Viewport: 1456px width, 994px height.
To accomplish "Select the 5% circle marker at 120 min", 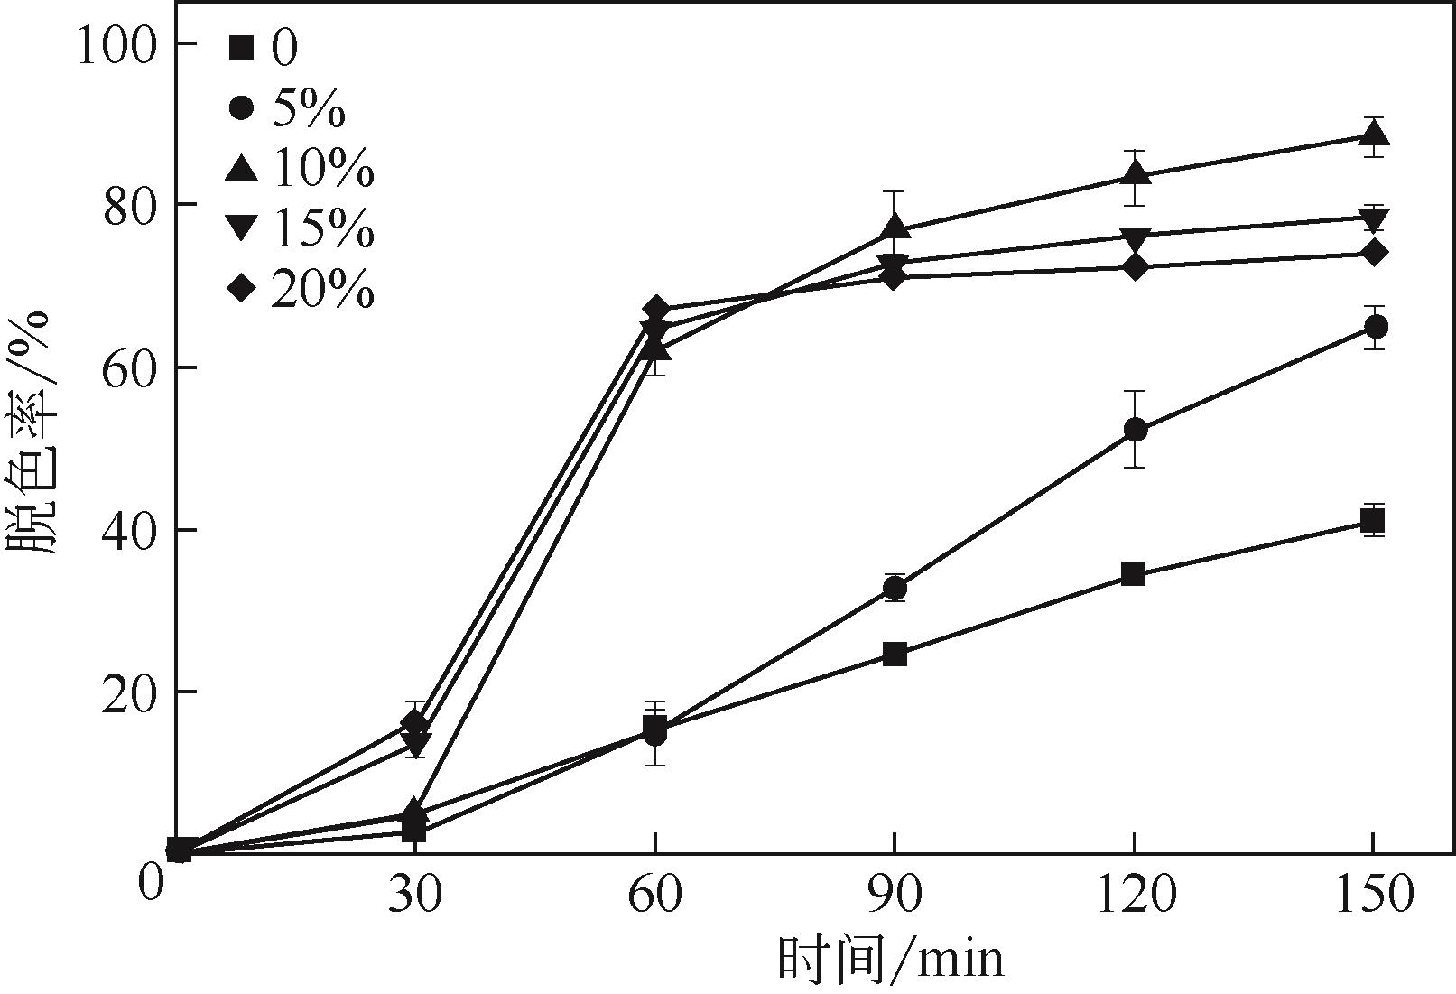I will click(x=1135, y=430).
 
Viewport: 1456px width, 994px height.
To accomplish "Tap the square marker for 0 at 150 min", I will click(x=1373, y=521).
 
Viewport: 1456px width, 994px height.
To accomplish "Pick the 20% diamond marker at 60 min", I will click(x=656, y=310).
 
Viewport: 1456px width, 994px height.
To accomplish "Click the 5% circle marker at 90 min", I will click(x=895, y=589).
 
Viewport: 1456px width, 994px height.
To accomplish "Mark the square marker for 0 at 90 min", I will click(x=895, y=654).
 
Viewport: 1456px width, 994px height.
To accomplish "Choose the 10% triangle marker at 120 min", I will click(x=1135, y=172).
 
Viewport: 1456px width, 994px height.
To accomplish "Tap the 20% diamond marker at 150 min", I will click(x=1373, y=252).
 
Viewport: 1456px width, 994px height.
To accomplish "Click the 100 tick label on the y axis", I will click(x=117, y=44).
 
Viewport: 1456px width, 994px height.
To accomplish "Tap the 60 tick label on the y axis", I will click(x=126, y=367).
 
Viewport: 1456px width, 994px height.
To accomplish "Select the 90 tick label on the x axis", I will click(x=895, y=895).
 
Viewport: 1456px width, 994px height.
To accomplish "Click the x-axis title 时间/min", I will click(x=890, y=959).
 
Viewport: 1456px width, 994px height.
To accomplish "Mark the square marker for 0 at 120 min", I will click(x=1134, y=573).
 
